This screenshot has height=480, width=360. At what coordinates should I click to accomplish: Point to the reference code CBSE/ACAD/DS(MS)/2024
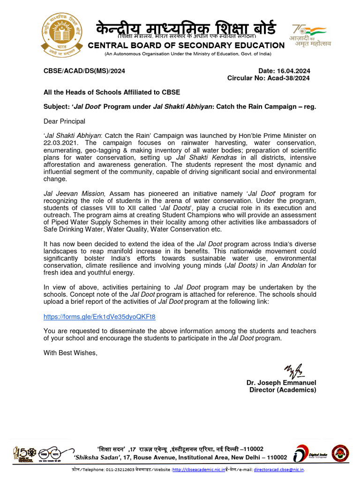coord(84,71)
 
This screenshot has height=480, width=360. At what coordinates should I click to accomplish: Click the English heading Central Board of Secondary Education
coord(186,45)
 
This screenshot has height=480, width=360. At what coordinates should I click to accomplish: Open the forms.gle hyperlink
coord(99,317)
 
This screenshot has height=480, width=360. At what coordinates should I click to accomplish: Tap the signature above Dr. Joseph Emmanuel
coord(293,371)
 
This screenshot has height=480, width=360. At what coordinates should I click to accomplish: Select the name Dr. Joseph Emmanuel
coord(281,383)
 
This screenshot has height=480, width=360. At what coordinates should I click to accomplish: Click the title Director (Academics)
coord(283,390)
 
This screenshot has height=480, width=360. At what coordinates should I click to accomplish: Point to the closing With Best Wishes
coord(70,352)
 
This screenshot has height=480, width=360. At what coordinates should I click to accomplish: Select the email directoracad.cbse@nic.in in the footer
coord(279,469)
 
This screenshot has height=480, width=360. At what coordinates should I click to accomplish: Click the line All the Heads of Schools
coord(112,92)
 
